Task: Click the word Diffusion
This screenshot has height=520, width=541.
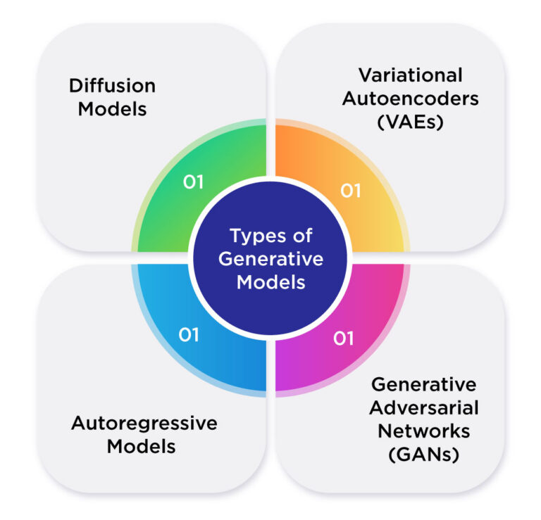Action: point(112,87)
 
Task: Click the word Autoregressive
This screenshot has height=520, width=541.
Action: point(144,423)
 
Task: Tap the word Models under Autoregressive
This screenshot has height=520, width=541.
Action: point(144,446)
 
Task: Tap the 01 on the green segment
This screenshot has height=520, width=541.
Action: point(193,182)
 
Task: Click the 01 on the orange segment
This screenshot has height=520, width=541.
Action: point(351,191)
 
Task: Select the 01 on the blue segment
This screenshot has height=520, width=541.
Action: point(189,335)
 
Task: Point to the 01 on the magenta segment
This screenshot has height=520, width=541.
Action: point(342,339)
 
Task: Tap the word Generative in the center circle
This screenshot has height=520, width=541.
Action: point(270,258)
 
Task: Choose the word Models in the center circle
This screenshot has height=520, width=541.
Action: point(270,281)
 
